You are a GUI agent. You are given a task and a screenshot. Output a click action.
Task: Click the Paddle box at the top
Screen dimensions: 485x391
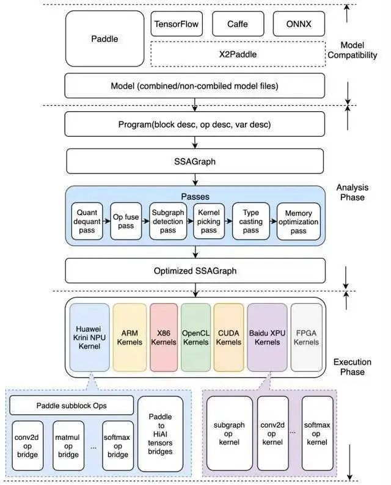[104, 39]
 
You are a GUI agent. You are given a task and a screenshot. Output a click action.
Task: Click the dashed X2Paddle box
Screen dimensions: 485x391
[238, 54]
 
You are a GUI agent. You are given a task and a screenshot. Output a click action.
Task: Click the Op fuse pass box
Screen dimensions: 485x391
[126, 221]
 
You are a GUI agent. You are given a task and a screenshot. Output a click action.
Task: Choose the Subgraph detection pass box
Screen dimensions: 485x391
[167, 221]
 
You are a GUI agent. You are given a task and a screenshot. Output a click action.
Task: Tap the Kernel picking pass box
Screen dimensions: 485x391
[208, 221]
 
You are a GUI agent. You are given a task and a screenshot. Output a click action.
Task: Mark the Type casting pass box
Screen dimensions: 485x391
[250, 221]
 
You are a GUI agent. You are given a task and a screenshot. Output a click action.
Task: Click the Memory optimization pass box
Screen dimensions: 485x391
[299, 221]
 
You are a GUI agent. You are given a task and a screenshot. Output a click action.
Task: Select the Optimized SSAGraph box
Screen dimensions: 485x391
[195, 270]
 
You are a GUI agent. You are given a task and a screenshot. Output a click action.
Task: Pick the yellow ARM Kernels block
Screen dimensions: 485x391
[130, 337]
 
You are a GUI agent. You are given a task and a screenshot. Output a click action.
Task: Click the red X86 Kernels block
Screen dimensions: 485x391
[164, 337]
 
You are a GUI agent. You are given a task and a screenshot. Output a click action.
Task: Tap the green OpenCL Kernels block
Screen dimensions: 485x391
[195, 337]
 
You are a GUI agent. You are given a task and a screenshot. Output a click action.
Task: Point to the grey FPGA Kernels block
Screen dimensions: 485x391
[306, 337]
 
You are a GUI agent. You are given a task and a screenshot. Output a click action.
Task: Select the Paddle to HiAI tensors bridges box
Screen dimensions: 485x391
[161, 434]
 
